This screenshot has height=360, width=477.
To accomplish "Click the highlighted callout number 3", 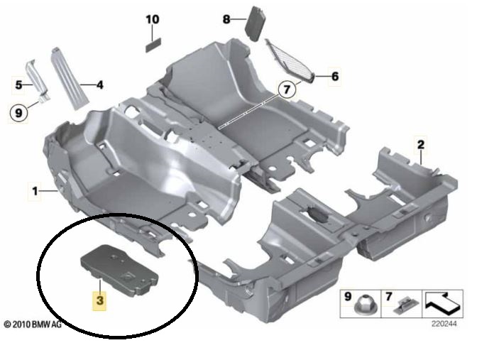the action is click(x=100, y=300).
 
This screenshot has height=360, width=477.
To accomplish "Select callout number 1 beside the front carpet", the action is click(x=35, y=192).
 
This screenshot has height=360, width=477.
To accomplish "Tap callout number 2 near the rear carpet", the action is click(x=421, y=145).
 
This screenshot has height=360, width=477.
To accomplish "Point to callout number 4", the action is click(x=99, y=85).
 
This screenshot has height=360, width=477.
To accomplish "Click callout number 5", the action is click(x=19, y=85).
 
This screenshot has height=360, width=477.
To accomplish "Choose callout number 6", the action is click(x=334, y=76).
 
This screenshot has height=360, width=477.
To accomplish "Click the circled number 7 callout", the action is click(x=287, y=89).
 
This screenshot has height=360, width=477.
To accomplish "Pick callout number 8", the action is click(x=226, y=19).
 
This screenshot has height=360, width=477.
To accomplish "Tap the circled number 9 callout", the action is click(x=18, y=113).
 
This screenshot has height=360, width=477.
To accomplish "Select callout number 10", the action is click(x=153, y=19).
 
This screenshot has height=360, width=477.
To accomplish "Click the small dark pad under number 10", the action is click(x=153, y=45).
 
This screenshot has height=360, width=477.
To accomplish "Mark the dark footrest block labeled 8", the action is click(x=255, y=23).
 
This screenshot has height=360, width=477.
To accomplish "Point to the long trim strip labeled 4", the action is click(x=70, y=79).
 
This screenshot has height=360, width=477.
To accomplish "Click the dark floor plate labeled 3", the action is click(x=119, y=270).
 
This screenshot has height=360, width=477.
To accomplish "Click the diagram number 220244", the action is click(x=444, y=324).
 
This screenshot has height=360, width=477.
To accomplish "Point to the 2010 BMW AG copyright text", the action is click(x=33, y=324).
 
